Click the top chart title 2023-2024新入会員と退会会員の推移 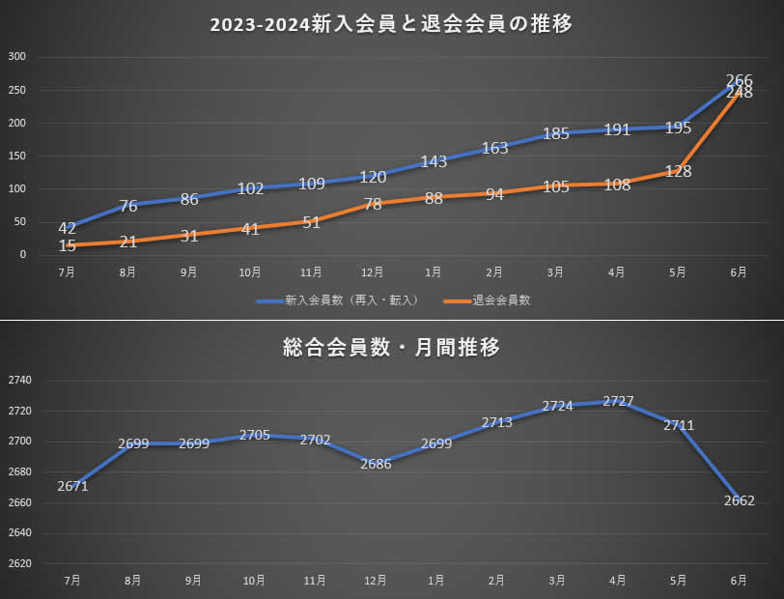[391, 25]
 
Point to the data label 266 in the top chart [739, 81]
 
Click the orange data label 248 [739, 93]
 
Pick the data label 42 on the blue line [67, 228]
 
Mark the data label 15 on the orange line [67, 246]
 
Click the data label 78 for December [373, 204]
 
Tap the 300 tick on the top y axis [16, 57]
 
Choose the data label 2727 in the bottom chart [618, 401]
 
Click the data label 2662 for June [739, 500]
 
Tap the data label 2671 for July [72, 486]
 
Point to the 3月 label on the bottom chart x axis [557, 581]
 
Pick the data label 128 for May [679, 172]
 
